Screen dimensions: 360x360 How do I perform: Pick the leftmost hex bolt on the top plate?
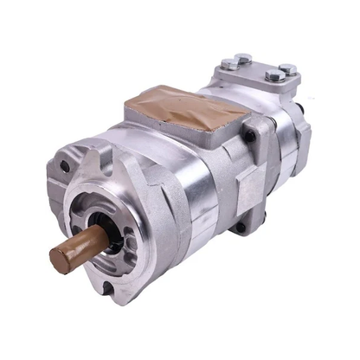tap(227, 63)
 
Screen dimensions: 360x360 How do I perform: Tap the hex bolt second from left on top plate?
tap(245, 58)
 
